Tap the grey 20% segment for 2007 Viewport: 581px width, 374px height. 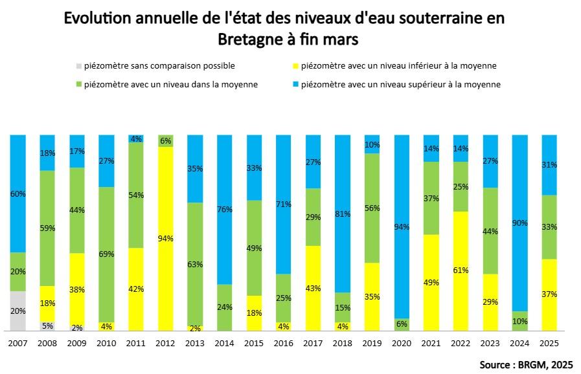point(17,311)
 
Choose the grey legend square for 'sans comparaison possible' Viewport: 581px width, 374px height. point(79,66)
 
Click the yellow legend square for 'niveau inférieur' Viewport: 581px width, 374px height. point(296,66)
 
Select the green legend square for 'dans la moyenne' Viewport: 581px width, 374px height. point(79,85)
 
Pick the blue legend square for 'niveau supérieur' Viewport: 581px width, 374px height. point(296,85)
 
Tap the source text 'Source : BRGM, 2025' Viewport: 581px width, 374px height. point(526,364)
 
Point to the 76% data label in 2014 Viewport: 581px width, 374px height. point(225,209)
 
